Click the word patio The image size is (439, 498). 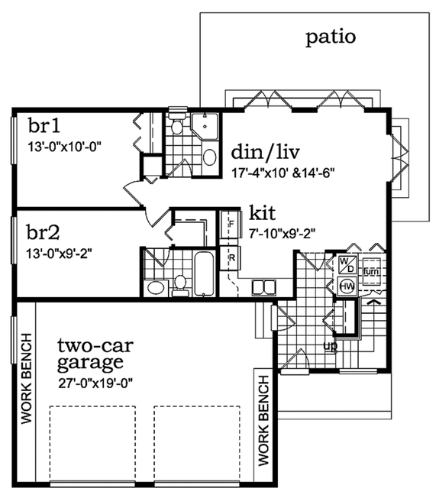click(331, 37)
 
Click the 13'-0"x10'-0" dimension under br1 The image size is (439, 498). click(64, 144)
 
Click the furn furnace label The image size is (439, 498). click(370, 272)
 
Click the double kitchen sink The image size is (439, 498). click(263, 287)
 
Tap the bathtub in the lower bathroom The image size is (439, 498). click(204, 273)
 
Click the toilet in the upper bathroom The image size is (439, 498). click(177, 126)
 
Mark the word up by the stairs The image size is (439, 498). click(331, 346)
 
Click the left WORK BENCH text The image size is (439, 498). click(26, 379)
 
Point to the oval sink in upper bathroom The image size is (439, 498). click(208, 158)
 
